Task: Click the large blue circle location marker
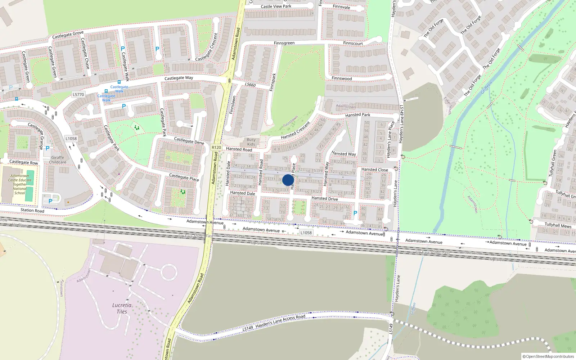pyautogui.click(x=288, y=180)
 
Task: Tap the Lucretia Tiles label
pyautogui.click(x=122, y=309)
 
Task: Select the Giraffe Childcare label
pyautogui.click(x=58, y=160)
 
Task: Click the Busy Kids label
pyautogui.click(x=251, y=142)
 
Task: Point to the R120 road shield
pyautogui.click(x=216, y=147)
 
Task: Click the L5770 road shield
pyautogui.click(x=78, y=95)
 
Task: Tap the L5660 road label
pyautogui.click(x=250, y=85)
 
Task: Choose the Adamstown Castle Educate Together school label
pyautogui.click(x=20, y=184)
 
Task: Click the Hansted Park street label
pyautogui.click(x=357, y=115)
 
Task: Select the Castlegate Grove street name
pyautogui.click(x=68, y=35)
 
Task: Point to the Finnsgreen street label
pyautogui.click(x=284, y=43)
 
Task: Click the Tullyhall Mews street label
pyautogui.click(x=558, y=225)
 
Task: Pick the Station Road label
pyautogui.click(x=32, y=210)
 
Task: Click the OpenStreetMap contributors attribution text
pyautogui.click(x=548, y=356)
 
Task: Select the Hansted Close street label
pyautogui.click(x=374, y=170)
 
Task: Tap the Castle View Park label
pyautogui.click(x=276, y=6)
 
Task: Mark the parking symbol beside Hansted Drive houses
pyautogui.click(x=355, y=213)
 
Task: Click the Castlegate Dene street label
pyautogui.click(x=189, y=140)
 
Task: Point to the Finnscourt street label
pyautogui.click(x=353, y=43)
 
